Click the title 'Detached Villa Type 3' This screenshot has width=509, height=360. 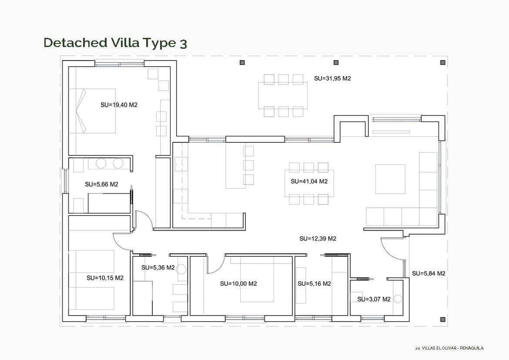(x=115, y=43)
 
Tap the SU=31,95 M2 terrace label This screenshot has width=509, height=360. (x=332, y=79)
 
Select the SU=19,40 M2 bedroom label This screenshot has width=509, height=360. (x=119, y=105)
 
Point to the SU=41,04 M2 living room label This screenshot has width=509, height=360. (x=309, y=182)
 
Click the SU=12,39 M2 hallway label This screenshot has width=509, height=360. (x=318, y=239)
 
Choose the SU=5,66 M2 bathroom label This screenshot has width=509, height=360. (x=101, y=185)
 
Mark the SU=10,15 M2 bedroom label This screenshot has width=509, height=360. (x=105, y=278)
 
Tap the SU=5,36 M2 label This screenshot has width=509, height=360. (x=158, y=268)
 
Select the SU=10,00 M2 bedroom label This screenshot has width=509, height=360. (x=238, y=284)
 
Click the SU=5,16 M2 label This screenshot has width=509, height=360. (x=314, y=284)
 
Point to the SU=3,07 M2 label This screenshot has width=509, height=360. (x=374, y=299)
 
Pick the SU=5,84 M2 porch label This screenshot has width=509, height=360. (x=429, y=273)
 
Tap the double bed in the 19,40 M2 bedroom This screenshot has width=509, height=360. (x=92, y=111)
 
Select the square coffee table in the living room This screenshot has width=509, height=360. (x=390, y=179)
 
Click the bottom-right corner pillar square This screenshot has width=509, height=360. (x=442, y=320)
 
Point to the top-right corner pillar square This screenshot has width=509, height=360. (x=442, y=63)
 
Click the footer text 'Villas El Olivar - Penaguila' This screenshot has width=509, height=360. (x=449, y=348)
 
